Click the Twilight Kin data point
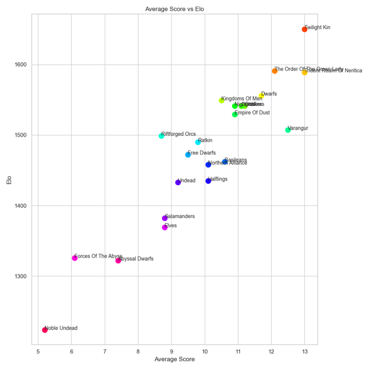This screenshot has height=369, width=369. [304, 29]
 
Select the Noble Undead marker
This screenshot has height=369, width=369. [45, 330]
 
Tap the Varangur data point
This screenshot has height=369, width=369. [288, 130]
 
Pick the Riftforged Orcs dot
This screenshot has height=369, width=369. [161, 136]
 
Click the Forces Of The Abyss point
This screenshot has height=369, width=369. [75, 258]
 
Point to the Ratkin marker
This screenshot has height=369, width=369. [198, 142]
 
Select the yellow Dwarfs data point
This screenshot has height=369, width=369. [261, 96]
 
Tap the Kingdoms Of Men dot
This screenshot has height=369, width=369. [221, 101]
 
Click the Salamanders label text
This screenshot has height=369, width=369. [180, 216]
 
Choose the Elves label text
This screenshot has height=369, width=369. [171, 226]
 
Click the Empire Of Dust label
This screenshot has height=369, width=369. [252, 113]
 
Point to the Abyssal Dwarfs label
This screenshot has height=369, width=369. [136, 259]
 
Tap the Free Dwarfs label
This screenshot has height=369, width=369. [202, 153]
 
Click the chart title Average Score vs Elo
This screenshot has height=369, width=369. [174, 9]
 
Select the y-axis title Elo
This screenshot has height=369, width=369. [9, 179]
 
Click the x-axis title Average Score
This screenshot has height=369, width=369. [174, 359]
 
